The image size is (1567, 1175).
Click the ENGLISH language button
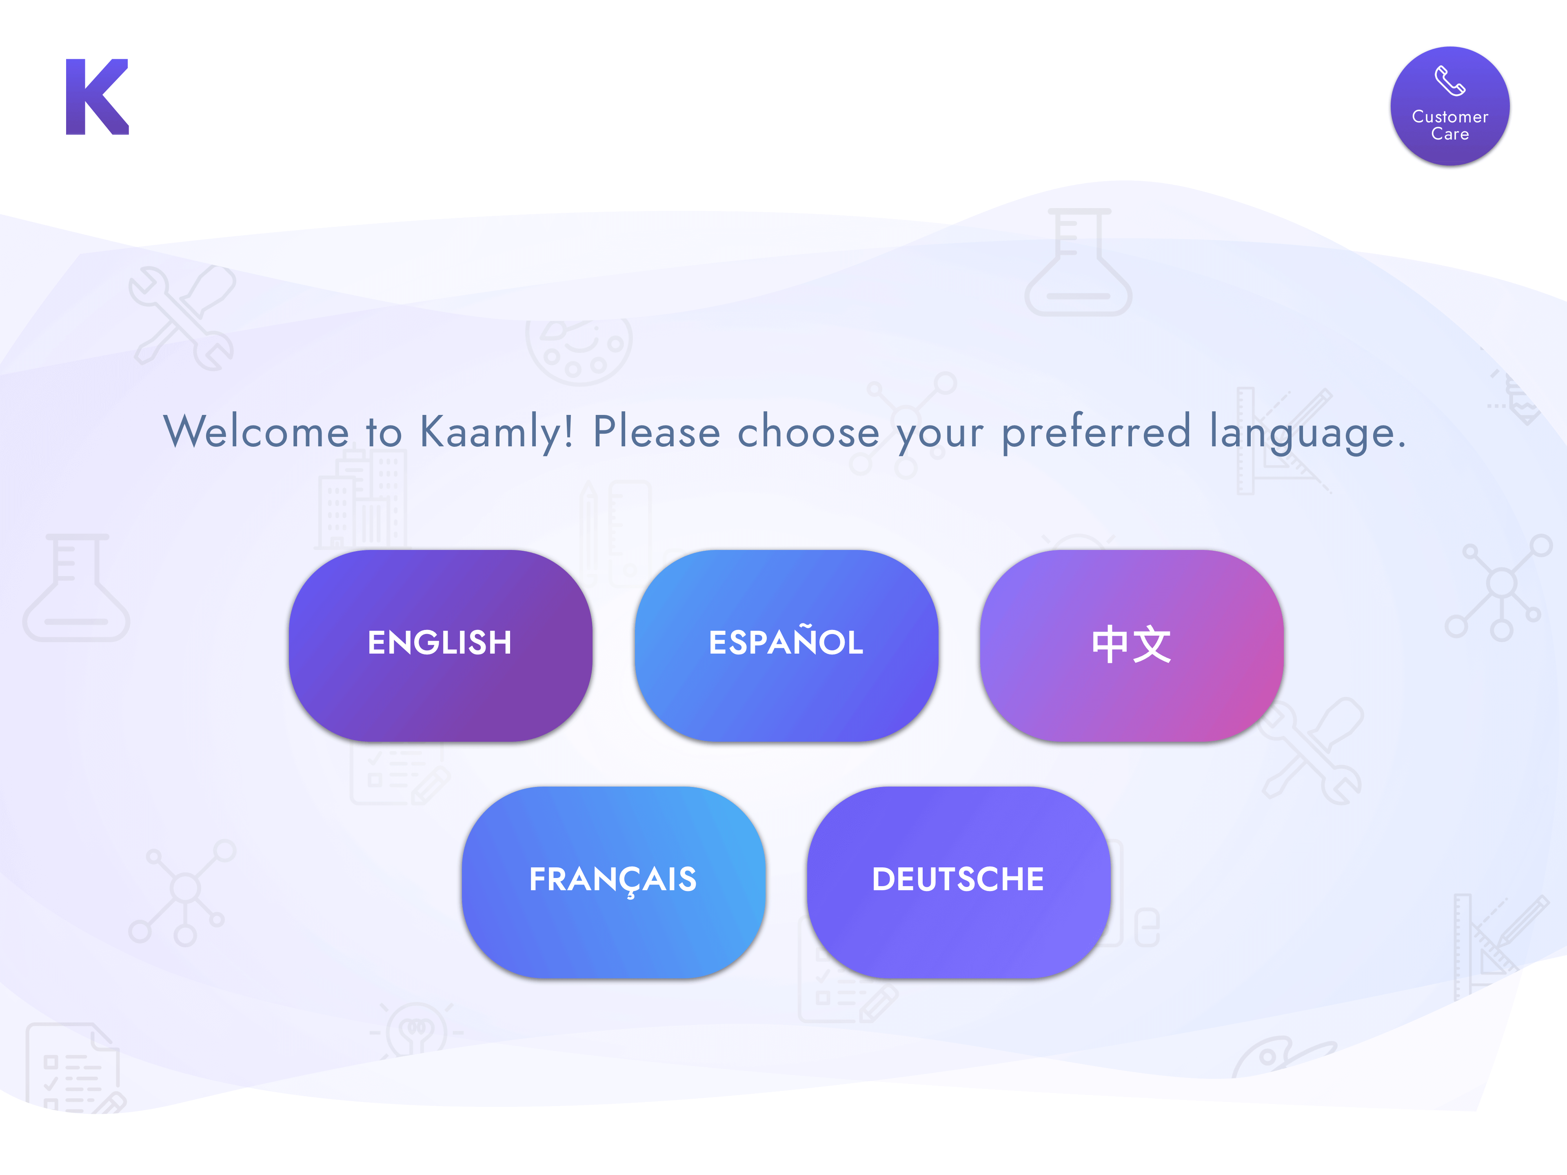tap(440, 645)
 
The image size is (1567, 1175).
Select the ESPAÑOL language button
tap(786, 645)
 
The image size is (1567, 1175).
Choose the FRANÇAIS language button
tap(613, 882)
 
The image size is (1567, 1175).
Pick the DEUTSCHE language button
tap(959, 882)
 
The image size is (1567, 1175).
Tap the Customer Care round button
tap(1450, 106)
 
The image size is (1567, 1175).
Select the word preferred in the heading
tap(1096, 432)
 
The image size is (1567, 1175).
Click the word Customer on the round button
tap(1450, 117)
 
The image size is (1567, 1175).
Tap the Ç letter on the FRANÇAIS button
tap(631, 882)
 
